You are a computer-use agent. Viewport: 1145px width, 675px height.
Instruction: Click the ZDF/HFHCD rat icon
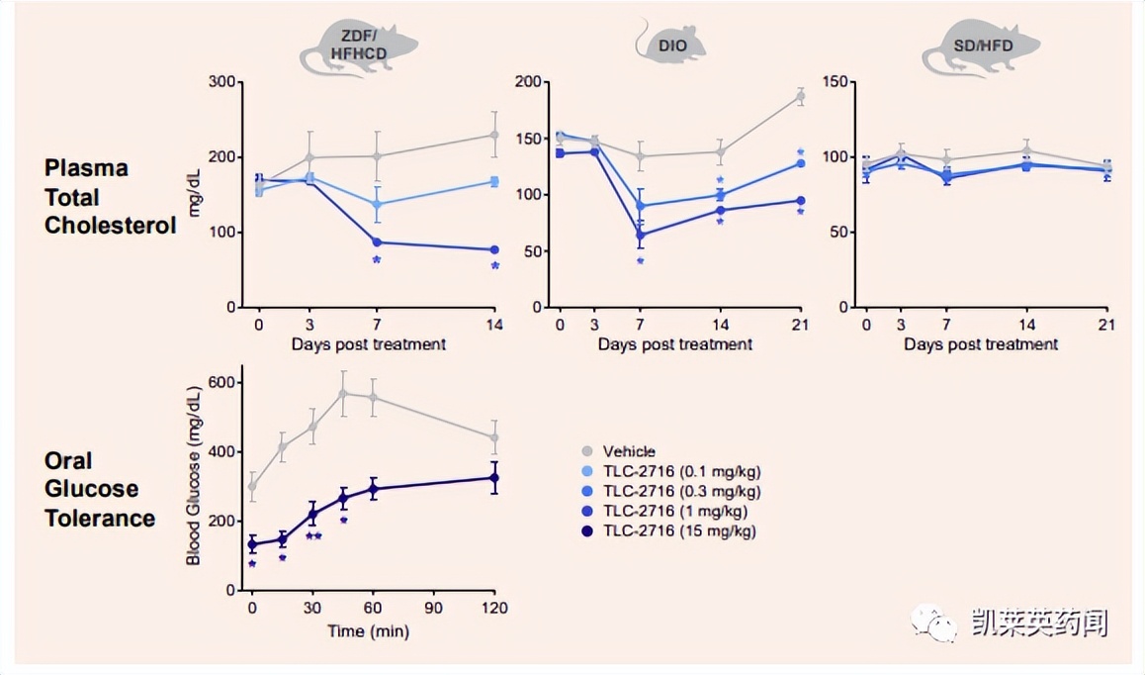(x=358, y=47)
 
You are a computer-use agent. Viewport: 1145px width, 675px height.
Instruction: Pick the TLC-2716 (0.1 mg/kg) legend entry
(x=671, y=471)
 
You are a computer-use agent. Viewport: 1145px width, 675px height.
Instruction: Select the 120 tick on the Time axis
(x=494, y=609)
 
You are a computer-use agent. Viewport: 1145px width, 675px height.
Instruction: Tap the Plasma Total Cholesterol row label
(x=110, y=197)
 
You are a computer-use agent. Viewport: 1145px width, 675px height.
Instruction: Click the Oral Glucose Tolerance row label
(x=99, y=489)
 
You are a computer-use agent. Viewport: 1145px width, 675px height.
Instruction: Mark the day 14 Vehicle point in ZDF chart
(x=494, y=135)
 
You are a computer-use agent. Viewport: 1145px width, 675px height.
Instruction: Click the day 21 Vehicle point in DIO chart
(x=800, y=96)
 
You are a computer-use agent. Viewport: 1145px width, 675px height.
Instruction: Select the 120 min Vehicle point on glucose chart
(x=494, y=437)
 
